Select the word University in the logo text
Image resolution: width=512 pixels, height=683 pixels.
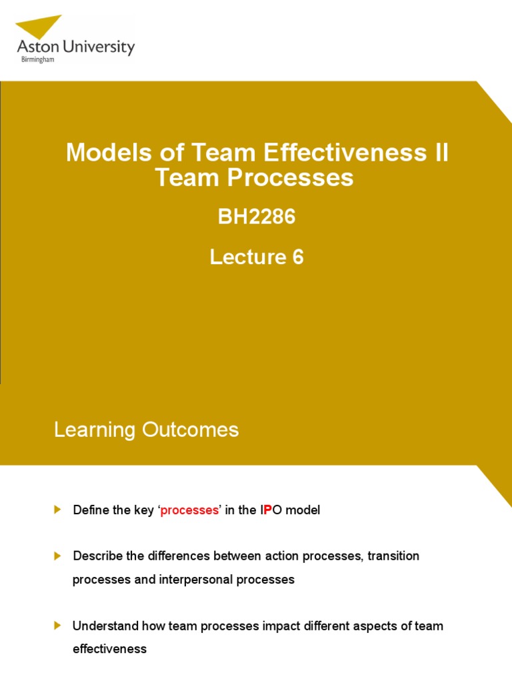click(99, 47)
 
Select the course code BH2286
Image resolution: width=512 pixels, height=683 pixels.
click(256, 217)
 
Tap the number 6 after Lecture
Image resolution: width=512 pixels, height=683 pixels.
click(297, 257)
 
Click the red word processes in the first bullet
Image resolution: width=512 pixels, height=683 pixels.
click(189, 510)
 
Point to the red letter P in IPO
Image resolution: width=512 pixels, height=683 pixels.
click(268, 510)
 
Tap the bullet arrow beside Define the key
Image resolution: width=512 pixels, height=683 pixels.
click(57, 510)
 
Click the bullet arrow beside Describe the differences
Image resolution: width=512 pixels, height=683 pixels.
click(57, 555)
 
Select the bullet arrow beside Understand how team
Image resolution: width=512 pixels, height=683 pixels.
click(57, 625)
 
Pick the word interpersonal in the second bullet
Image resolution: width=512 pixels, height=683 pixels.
click(191, 580)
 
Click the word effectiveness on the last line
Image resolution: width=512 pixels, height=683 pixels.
click(109, 649)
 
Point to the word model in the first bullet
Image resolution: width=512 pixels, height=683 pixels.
click(304, 510)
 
